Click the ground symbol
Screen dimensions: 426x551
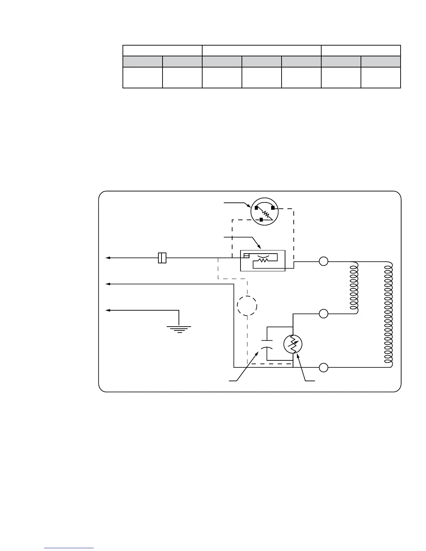tap(179, 329)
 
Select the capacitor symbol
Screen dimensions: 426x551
tap(267, 343)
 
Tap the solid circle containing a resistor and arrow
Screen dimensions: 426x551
tap(293, 344)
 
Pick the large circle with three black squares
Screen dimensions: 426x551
tap(265, 211)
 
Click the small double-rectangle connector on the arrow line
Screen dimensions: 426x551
tap(162, 258)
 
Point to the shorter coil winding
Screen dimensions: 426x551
tap(354, 287)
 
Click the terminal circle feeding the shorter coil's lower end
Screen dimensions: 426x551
tap(324, 313)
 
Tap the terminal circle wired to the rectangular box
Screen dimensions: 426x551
tap(324, 261)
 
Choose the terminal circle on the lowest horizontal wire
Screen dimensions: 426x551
tap(324, 367)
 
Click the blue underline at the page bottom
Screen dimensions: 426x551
tap(69, 548)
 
